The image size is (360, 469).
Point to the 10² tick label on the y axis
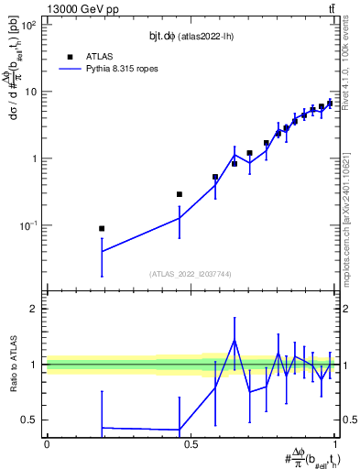click(28, 26)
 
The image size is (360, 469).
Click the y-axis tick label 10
click(30, 92)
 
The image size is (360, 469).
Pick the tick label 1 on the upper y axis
click(34, 158)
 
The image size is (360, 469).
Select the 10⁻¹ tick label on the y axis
click(28, 225)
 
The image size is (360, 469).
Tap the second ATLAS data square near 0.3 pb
click(180, 194)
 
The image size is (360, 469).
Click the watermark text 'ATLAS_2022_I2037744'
click(190, 274)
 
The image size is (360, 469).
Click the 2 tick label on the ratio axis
click(34, 309)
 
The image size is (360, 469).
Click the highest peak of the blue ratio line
click(235, 340)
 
